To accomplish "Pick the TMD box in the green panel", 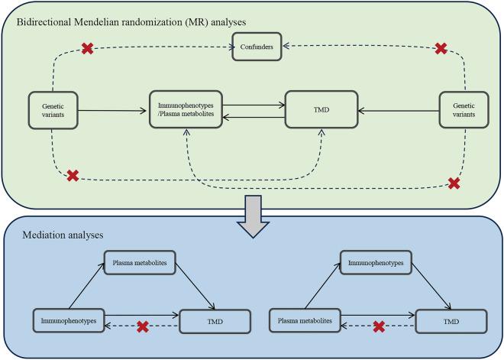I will point(321,111).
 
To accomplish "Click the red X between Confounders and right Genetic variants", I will point(441,48).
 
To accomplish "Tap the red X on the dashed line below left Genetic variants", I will point(73,176).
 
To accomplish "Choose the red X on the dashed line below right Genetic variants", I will point(454,183).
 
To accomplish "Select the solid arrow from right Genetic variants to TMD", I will point(398,112).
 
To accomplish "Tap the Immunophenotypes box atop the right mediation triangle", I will point(376,262).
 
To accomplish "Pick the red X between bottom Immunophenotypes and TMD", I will point(142,327).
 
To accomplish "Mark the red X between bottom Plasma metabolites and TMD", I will point(378,327).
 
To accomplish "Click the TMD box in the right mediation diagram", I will point(446,321).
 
